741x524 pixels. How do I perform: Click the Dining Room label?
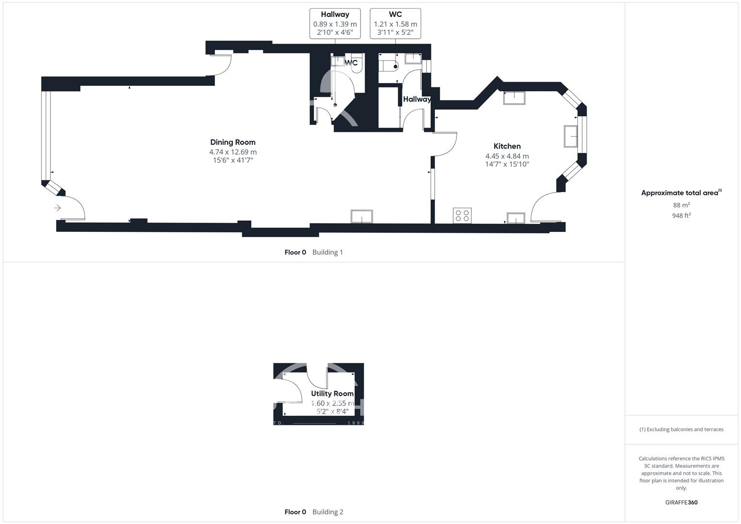[x=233, y=142]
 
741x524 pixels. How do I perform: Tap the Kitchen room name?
[x=507, y=146]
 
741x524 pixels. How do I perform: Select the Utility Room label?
[x=332, y=393]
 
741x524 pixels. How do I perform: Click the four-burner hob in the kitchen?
[x=462, y=216]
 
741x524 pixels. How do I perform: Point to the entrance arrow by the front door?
[x=58, y=208]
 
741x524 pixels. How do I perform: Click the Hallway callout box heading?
[x=335, y=15]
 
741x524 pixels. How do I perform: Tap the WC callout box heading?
[x=395, y=15]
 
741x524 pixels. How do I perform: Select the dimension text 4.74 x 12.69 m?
[x=233, y=152]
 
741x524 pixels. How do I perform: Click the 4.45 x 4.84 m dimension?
[x=507, y=156]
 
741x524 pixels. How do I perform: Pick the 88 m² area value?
[x=681, y=205]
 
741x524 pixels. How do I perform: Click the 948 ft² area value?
[x=681, y=216]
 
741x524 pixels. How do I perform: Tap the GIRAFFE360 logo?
[x=681, y=503]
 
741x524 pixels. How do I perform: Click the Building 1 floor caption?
[x=328, y=252]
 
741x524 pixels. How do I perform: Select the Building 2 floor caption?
[x=328, y=512]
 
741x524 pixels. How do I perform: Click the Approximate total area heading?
[x=681, y=193]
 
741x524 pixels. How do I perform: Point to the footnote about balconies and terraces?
[x=681, y=430]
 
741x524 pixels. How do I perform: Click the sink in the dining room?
[x=362, y=217]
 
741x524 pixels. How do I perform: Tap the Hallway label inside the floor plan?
[x=417, y=99]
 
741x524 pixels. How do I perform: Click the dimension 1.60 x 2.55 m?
[x=332, y=404]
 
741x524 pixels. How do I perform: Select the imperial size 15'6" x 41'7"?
[x=233, y=161]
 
